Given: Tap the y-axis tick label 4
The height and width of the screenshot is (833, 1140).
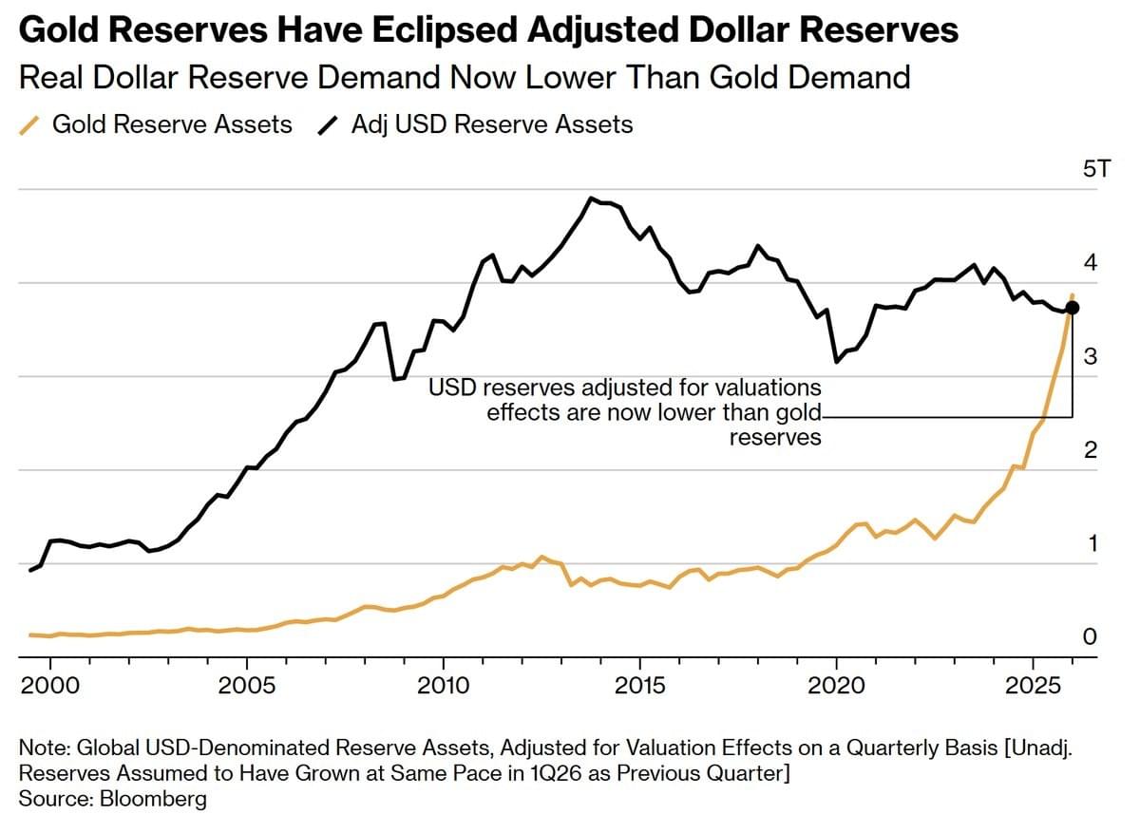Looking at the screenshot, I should point(1091,262).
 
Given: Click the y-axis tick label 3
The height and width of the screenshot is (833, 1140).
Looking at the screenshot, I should point(1091,356).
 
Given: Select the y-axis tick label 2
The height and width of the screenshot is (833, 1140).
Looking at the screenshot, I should point(1091,449).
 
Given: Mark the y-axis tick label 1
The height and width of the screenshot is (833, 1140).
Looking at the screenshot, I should point(1091,543).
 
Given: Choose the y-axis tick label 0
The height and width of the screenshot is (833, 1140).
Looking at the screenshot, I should point(1091,636).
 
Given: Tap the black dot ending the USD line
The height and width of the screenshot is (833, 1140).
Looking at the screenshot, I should point(1072,307).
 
